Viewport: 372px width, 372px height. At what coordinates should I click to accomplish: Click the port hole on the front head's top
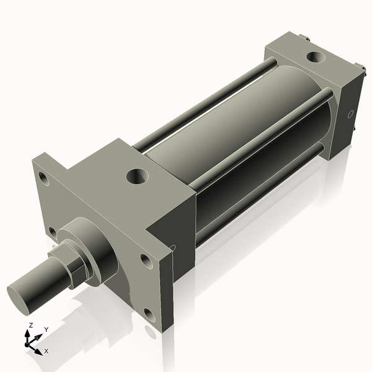pyautogui.click(x=137, y=176)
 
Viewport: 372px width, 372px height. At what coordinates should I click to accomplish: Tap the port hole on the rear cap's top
pyautogui.click(x=315, y=58)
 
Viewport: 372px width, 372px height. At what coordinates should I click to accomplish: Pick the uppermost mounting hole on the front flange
pyautogui.click(x=43, y=177)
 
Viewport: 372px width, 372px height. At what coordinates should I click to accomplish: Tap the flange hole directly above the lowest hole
pyautogui.click(x=146, y=260)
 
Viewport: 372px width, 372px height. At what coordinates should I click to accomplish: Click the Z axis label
pyautogui.click(x=30, y=325)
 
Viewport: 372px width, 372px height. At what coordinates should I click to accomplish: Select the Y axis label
pyautogui.click(x=46, y=329)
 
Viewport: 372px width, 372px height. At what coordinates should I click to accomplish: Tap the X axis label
pyautogui.click(x=46, y=351)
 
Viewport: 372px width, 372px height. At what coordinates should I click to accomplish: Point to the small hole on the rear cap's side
pyautogui.click(x=350, y=114)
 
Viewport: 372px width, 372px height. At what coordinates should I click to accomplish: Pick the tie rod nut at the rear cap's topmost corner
pyautogui.click(x=308, y=39)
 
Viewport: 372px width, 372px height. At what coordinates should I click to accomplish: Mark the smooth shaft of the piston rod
pyautogui.click(x=43, y=282)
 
